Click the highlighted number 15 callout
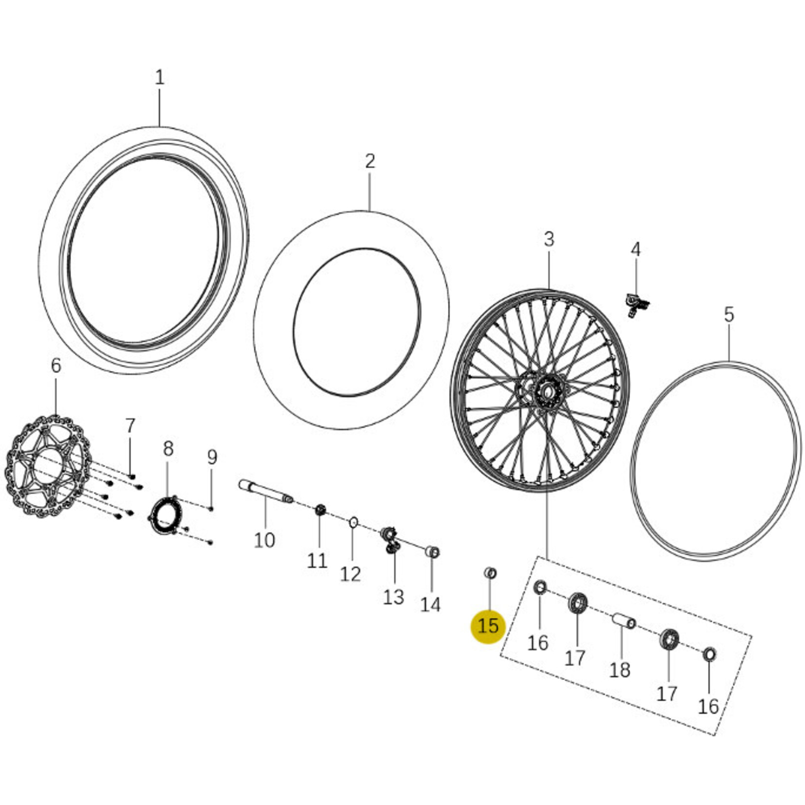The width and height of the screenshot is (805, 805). coord(488,626)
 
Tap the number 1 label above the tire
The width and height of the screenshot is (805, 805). coord(159,77)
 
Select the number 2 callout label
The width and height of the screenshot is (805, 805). coord(370,161)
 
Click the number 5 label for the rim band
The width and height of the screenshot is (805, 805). coord(728,315)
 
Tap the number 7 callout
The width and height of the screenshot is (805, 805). coord(130,426)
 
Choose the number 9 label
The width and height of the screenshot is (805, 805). coord(211,458)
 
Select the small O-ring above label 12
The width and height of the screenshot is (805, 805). coord(353,523)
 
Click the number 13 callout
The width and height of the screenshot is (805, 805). coord(393,597)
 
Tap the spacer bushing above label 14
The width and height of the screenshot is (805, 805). coord(432,552)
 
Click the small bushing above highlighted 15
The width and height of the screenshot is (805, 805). coord(490,573)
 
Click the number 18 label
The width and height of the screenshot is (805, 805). coord(620,671)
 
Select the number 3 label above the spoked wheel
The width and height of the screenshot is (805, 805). coord(549,239)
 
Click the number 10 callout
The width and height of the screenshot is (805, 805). coord(265,540)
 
